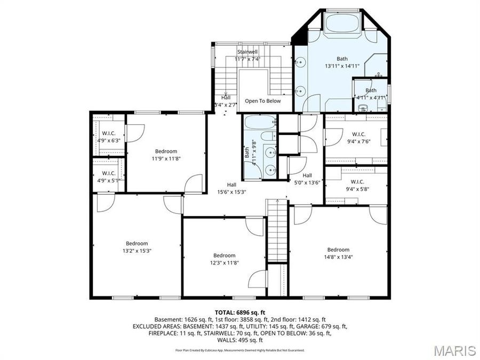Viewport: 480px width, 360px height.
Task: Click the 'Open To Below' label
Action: coord(262,101)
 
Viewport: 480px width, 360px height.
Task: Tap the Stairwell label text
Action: coord(247,52)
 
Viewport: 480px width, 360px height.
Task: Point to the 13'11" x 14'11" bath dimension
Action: coord(342,66)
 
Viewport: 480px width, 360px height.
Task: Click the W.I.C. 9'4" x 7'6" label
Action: coord(358,138)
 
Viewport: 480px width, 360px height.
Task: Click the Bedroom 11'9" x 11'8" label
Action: coord(166,155)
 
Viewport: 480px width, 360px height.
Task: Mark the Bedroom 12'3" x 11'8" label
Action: coord(224,259)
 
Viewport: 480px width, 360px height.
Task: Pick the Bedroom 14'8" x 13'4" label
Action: coord(338,253)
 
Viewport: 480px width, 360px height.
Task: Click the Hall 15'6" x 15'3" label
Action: coord(231,188)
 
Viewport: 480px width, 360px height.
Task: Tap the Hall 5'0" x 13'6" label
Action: coord(307,179)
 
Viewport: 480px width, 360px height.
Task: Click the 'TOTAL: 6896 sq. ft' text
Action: coord(239,312)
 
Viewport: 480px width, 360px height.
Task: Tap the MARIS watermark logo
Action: coord(454,350)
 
